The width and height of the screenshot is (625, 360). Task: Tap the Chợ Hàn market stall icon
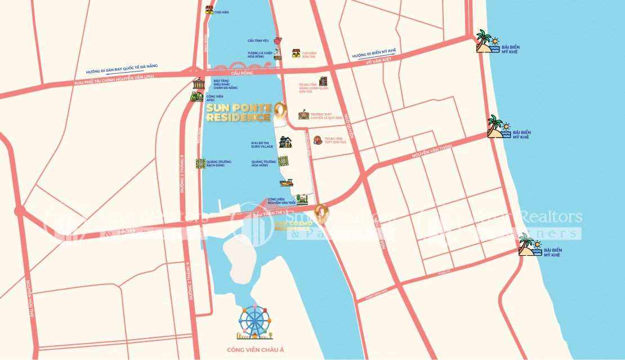[209, 9]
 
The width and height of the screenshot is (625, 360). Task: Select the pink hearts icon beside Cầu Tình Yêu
[277, 41]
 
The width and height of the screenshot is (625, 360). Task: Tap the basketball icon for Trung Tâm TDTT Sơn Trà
[318, 140]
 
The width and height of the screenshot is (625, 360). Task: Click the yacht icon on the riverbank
[287, 182]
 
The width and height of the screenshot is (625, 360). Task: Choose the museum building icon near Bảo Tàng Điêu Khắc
[198, 83]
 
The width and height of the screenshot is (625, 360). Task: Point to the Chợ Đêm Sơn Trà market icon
[296, 54]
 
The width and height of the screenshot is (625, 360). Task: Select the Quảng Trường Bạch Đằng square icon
[200, 163]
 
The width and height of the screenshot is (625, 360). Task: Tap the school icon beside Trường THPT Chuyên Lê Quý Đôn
[304, 114]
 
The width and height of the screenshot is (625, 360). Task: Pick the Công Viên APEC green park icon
[197, 96]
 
